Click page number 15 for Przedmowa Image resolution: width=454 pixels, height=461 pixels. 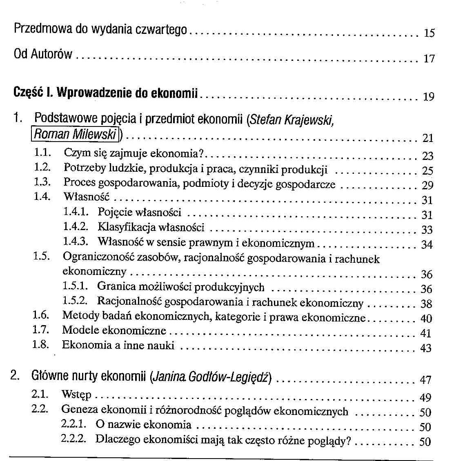point(429,33)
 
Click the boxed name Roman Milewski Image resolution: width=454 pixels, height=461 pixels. point(75,134)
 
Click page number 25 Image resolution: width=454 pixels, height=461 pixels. point(427,171)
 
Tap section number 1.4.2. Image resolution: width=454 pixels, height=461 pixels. point(76,227)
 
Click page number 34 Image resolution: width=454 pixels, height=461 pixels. point(427,245)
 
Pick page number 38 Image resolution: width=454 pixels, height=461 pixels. point(426,304)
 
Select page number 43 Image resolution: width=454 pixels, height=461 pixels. point(426,348)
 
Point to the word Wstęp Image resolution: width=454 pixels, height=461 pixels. point(76,395)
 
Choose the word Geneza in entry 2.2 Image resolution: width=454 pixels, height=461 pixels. point(80,409)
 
